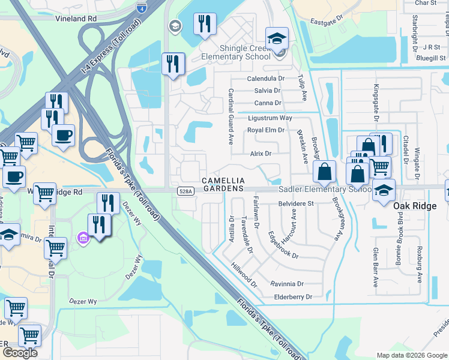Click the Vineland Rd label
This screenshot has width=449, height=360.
[76, 19]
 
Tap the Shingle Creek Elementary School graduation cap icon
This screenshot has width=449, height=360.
[277, 39]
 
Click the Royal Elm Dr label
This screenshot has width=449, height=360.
[265, 130]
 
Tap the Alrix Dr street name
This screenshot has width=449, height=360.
[261, 154]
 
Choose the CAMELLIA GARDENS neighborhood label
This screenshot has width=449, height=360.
[223, 185]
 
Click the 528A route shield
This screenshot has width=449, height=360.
[185, 191]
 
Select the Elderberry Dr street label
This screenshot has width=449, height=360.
[293, 297]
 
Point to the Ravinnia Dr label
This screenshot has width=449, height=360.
[287, 284]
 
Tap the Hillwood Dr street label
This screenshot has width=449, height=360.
[244, 276]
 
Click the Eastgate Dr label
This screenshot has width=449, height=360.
[326, 22]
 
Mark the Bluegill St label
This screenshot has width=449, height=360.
[428, 58]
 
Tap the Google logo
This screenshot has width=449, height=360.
[20, 352]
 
